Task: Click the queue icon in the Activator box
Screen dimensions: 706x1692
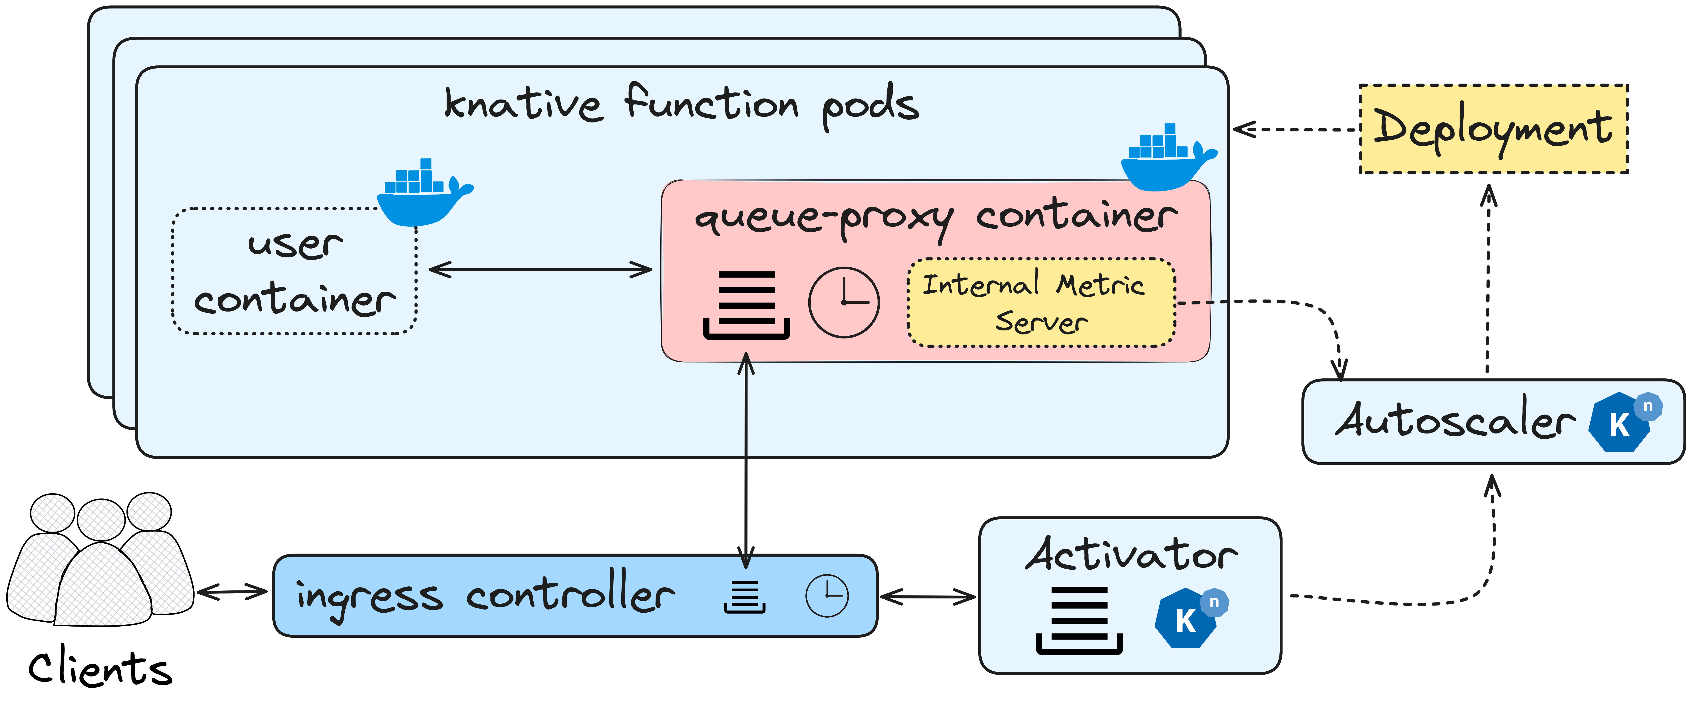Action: pyautogui.click(x=1079, y=621)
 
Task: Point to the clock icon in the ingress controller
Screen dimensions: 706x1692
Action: pyautogui.click(x=827, y=596)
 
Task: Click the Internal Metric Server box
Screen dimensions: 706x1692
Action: pyautogui.click(x=1041, y=303)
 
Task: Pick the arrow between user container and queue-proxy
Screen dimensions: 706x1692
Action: pyautogui.click(x=540, y=269)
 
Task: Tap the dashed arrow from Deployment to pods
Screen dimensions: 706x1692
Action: pyautogui.click(x=1294, y=129)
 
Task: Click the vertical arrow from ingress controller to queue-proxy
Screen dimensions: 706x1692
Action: pyautogui.click(x=745, y=460)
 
